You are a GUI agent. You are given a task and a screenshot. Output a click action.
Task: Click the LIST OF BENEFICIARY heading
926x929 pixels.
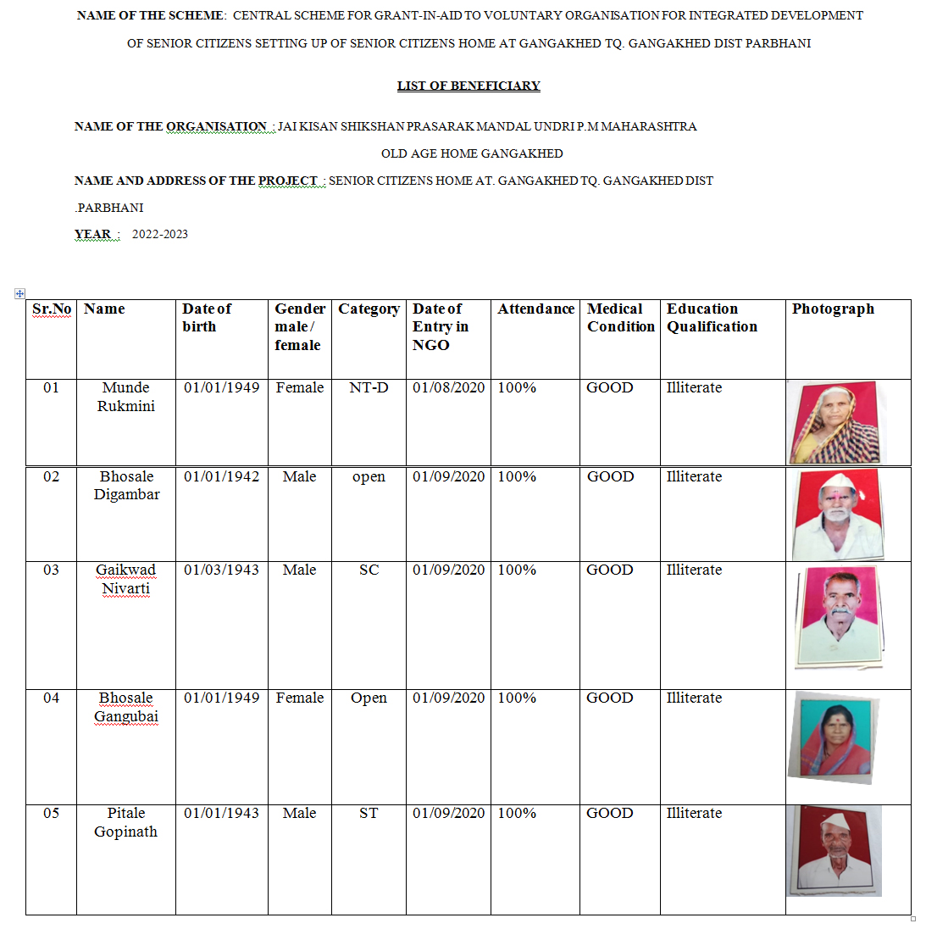coord(469,86)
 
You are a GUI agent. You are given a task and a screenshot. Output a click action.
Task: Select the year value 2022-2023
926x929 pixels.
coord(160,234)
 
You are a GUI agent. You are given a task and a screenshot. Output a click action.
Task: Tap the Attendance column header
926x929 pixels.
coord(535,309)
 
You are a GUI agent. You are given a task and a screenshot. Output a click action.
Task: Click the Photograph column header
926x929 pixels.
coord(833,309)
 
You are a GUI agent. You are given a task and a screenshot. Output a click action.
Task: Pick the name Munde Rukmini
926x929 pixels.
coord(126,397)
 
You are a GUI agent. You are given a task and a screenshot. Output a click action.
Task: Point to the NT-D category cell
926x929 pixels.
coord(369,387)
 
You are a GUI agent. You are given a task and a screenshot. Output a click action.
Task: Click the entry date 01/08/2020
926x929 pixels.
coord(448,387)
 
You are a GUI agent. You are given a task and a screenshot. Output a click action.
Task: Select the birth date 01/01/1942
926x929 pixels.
coord(222,476)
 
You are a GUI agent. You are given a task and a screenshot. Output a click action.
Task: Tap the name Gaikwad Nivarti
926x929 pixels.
coord(126,579)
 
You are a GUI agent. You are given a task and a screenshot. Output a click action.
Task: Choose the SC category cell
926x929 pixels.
coord(369,570)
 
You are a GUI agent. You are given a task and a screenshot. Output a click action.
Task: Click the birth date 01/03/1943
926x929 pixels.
coord(222,570)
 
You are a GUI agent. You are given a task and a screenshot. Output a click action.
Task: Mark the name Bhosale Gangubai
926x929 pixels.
coord(126,707)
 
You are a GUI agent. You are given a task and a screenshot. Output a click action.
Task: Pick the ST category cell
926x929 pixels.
coord(369,813)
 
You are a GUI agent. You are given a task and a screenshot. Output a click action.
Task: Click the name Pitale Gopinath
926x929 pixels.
coord(126,822)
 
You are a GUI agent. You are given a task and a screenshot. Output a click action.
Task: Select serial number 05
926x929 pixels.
coord(51,813)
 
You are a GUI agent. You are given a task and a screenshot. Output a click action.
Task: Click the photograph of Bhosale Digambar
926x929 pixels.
coord(838,514)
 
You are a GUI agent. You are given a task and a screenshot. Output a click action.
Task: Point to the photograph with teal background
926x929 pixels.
coord(834,736)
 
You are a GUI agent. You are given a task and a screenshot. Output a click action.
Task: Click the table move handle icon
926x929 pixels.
coord(19,293)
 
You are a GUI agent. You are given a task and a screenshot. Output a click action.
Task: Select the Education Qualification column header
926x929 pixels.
coord(712,318)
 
